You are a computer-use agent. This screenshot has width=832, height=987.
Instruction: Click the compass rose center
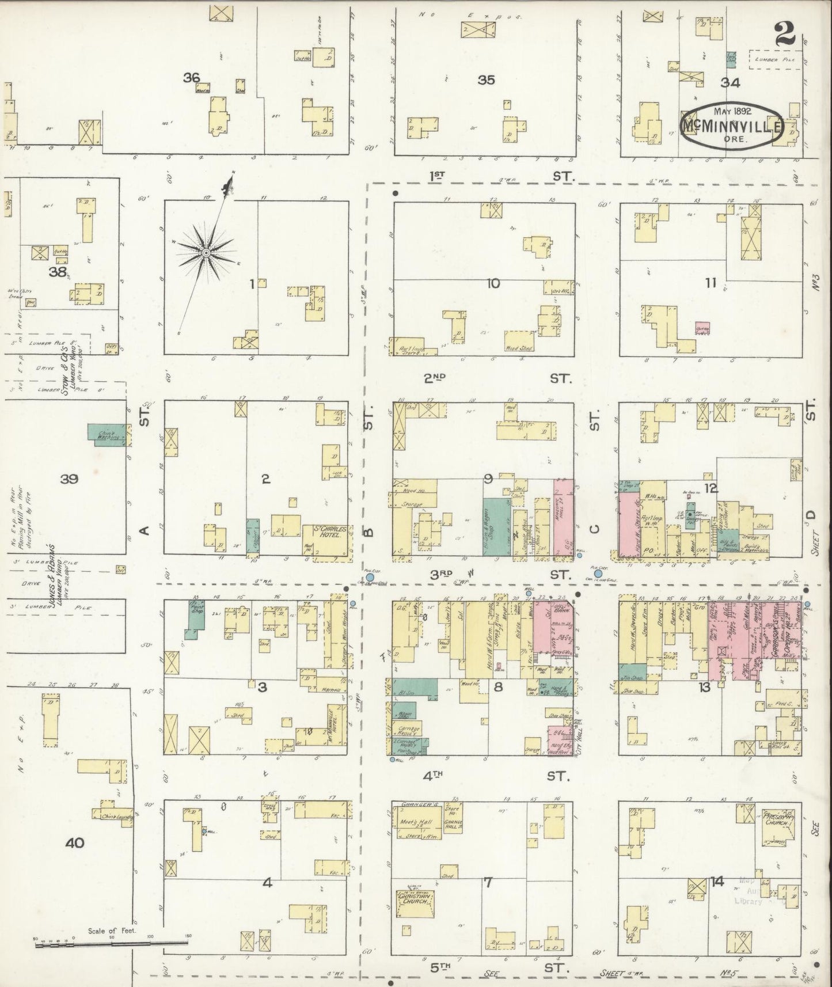point(206,253)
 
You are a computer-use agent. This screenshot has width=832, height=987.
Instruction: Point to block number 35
point(486,80)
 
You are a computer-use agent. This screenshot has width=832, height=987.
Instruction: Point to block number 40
point(75,843)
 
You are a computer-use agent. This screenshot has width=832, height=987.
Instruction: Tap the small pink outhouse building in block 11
point(702,330)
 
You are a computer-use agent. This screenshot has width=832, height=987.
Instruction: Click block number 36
point(191,77)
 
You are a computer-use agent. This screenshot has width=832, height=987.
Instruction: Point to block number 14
point(717,880)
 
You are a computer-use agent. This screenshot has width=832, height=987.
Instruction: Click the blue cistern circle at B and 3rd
point(370,576)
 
